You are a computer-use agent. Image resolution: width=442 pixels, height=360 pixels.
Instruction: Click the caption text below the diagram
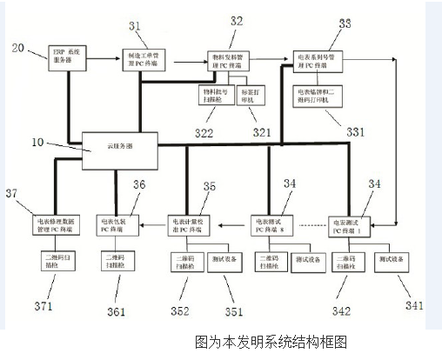271,342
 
